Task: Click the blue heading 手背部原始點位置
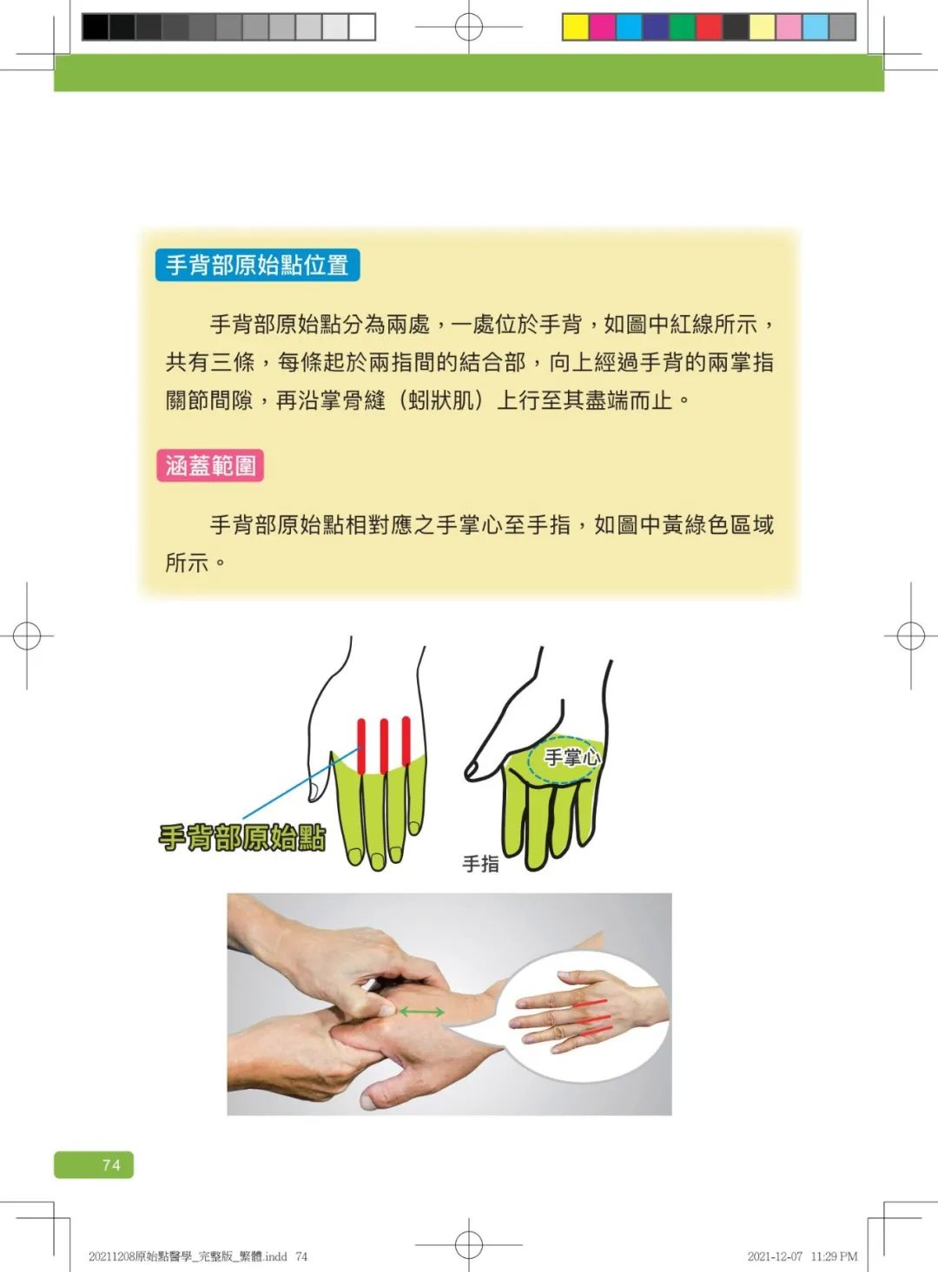tap(257, 265)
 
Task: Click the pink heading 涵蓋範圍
tap(210, 466)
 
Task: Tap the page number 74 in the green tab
tap(111, 1165)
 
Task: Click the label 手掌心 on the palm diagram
tap(571, 757)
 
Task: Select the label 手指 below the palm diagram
tap(480, 864)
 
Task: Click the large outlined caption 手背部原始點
tap(242, 838)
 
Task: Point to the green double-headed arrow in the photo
tap(422, 1012)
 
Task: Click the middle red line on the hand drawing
tap(383, 745)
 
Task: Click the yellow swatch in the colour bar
tap(575, 27)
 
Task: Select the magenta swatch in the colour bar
tap(602, 27)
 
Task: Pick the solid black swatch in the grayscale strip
tap(95, 27)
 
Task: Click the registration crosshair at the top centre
tap(469, 27)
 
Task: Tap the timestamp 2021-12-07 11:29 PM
tap(802, 1256)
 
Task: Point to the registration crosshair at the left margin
tap(27, 636)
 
